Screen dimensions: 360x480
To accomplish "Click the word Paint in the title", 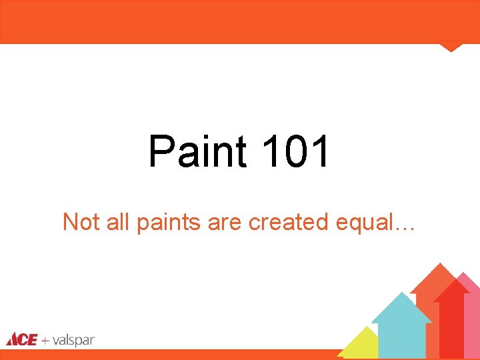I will [197, 151].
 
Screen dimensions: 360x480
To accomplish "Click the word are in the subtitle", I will [225, 223].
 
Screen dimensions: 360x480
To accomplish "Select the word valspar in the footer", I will [74, 341].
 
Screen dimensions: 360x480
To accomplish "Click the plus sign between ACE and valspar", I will [45, 341].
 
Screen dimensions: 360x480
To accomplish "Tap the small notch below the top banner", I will [451, 47].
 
